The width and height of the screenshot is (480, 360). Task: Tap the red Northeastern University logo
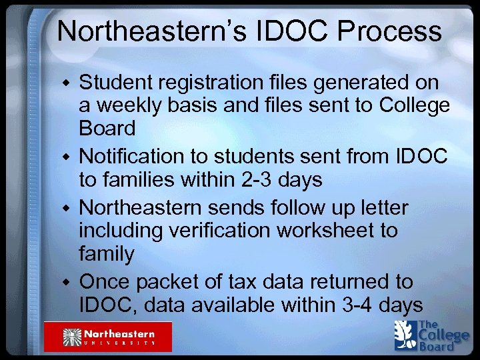(108, 336)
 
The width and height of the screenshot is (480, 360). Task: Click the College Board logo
(431, 335)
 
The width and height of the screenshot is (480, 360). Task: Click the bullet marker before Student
(65, 85)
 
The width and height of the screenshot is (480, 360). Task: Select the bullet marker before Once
(65, 282)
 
